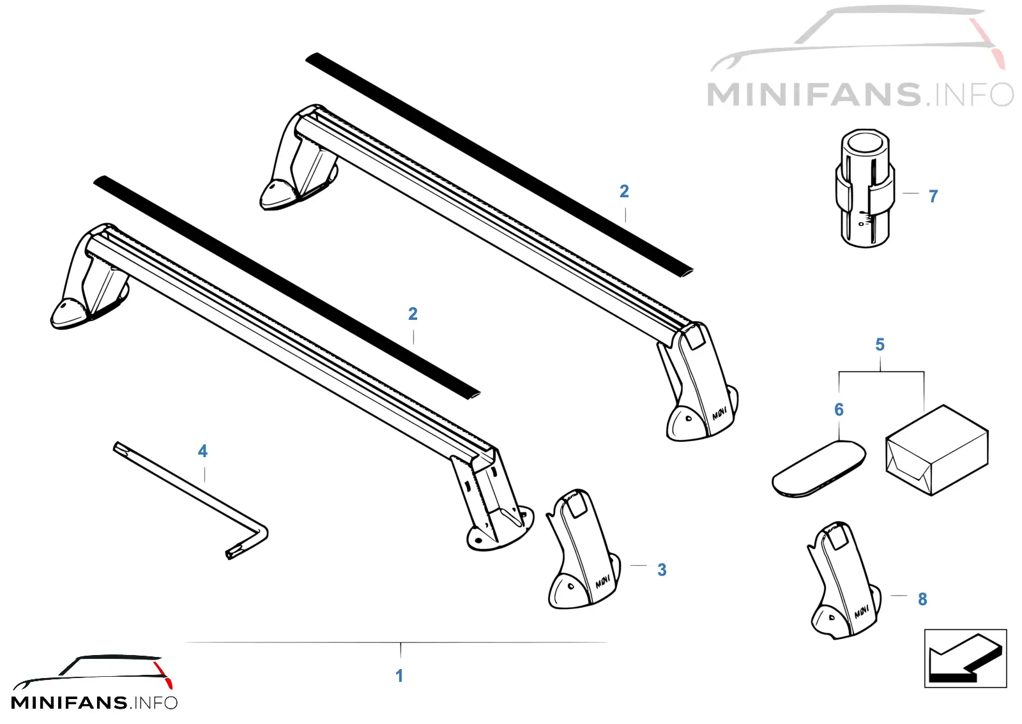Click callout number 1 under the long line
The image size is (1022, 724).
tap(399, 675)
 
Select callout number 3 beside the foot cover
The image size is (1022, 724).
tap(662, 569)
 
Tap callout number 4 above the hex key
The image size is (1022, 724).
tap(202, 451)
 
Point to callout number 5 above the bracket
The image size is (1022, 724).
tap(880, 344)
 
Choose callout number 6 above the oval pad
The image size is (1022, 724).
tap(839, 409)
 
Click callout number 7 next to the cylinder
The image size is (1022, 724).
tap(933, 196)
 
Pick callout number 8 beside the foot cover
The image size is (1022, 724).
tap(922, 599)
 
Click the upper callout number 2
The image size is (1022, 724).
tap(624, 191)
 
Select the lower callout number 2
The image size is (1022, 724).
tap(413, 313)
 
